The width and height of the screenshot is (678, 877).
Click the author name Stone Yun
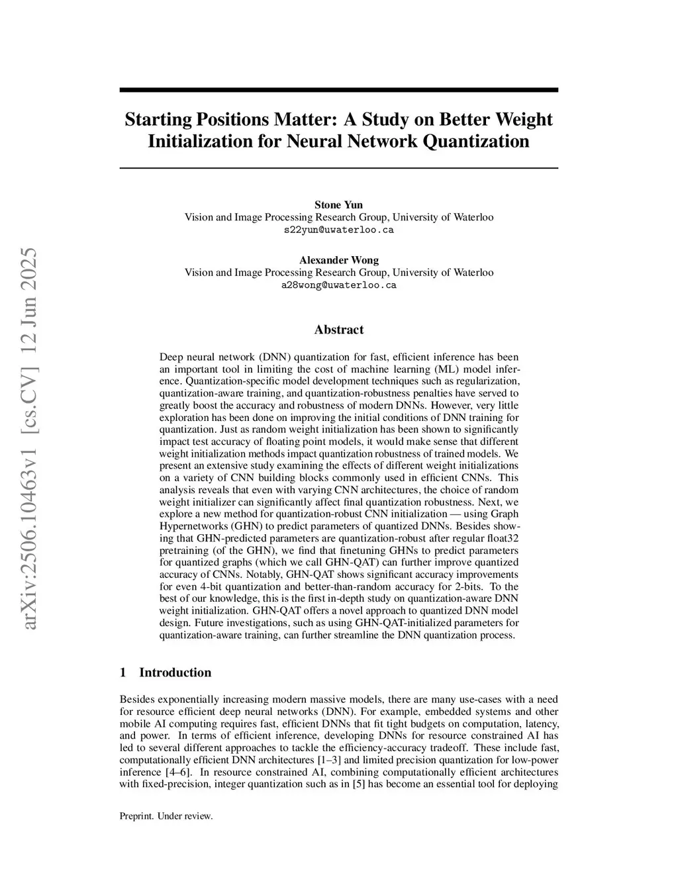pyautogui.click(x=338, y=205)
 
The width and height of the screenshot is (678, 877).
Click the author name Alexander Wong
pyautogui.click(x=338, y=260)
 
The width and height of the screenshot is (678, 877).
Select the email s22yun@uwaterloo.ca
pyautogui.click(x=338, y=230)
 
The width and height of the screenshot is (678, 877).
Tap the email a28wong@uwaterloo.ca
pyautogui.click(x=338, y=285)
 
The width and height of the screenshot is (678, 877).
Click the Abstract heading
pyautogui.click(x=338, y=330)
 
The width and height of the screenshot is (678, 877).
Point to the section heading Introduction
pyautogui.click(x=175, y=672)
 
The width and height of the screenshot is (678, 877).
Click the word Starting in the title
pyautogui.click(x=158, y=120)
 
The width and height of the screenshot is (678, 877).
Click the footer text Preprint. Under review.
pyautogui.click(x=166, y=816)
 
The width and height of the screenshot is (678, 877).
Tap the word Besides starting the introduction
pyautogui.click(x=137, y=700)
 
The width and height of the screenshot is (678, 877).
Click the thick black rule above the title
pyautogui.click(x=338, y=90)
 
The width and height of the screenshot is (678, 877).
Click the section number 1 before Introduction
pyautogui.click(x=122, y=672)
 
